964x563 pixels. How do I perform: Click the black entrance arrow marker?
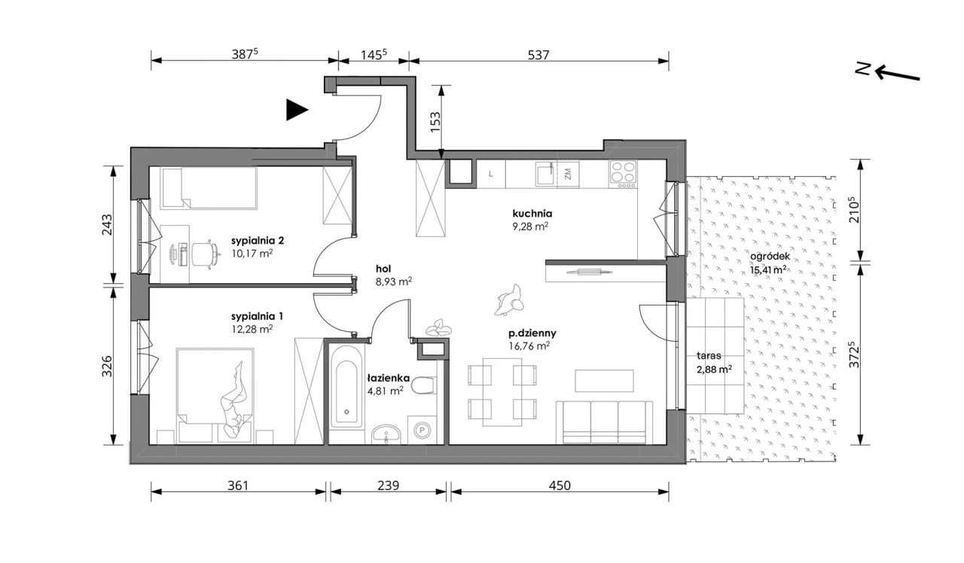(x=297, y=110)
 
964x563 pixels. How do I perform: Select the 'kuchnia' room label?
(x=532, y=213)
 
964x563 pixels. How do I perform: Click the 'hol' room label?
(x=383, y=269)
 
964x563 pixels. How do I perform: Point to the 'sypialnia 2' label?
(x=258, y=240)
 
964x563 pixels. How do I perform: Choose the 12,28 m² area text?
(x=252, y=329)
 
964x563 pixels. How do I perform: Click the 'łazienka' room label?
(x=389, y=379)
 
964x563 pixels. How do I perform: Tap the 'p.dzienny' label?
(x=532, y=333)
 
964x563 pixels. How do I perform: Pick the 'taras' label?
(x=709, y=356)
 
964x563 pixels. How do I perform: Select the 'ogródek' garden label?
(x=770, y=257)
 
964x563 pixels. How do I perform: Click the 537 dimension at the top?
(x=538, y=55)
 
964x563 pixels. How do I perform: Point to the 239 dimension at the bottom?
(x=388, y=485)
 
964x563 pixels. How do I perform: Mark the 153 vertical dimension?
(x=435, y=122)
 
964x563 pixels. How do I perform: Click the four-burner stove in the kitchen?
(x=623, y=174)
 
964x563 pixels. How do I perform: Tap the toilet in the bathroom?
(x=424, y=386)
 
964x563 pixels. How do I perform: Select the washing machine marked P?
(x=423, y=430)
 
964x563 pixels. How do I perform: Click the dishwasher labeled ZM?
(x=568, y=174)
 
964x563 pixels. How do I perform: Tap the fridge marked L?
(x=491, y=174)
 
